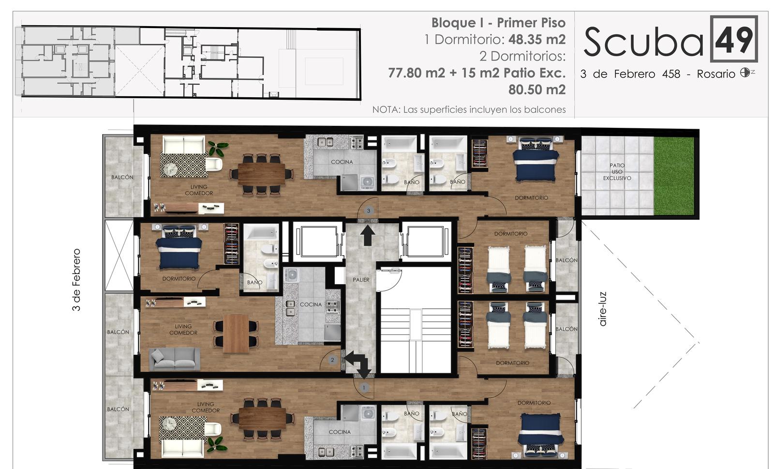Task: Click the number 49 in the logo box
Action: pyautogui.click(x=734, y=39)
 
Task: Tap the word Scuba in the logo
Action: pyautogui.click(x=643, y=42)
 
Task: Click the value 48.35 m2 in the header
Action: pyautogui.click(x=537, y=39)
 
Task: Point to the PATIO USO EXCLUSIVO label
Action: pyautogui.click(x=617, y=172)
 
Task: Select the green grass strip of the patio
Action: pyautogui.click(x=674, y=176)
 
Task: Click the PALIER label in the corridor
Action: pyautogui.click(x=361, y=280)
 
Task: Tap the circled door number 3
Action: pyautogui.click(x=369, y=211)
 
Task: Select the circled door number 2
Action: pyautogui.click(x=332, y=360)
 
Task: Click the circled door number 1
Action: pyautogui.click(x=363, y=388)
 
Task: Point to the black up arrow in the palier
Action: pyautogui.click(x=368, y=235)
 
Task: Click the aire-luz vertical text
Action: pyautogui.click(x=603, y=309)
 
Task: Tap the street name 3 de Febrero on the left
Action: pyautogui.click(x=76, y=280)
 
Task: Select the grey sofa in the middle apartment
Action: pyautogui.click(x=175, y=359)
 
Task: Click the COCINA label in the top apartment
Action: pyautogui.click(x=342, y=162)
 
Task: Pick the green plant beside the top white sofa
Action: pyautogui.click(x=218, y=149)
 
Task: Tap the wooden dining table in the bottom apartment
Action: pyautogui.click(x=262, y=419)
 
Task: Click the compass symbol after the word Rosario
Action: pyautogui.click(x=745, y=73)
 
